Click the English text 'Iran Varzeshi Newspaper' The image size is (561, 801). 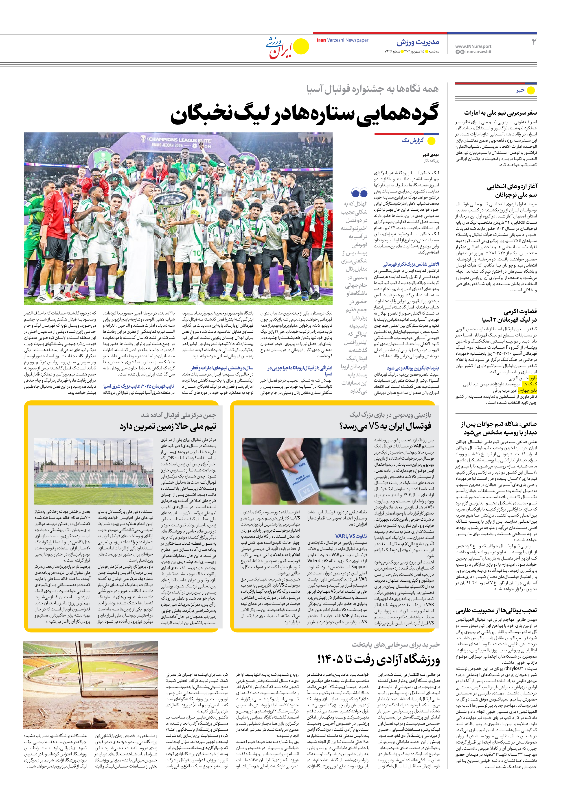(x=342, y=40)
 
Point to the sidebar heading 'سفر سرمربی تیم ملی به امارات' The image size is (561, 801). (x=500, y=113)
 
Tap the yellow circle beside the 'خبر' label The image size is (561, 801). (x=531, y=90)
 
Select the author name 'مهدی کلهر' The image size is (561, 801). (x=431, y=155)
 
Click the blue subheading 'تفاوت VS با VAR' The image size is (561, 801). (x=351, y=536)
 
